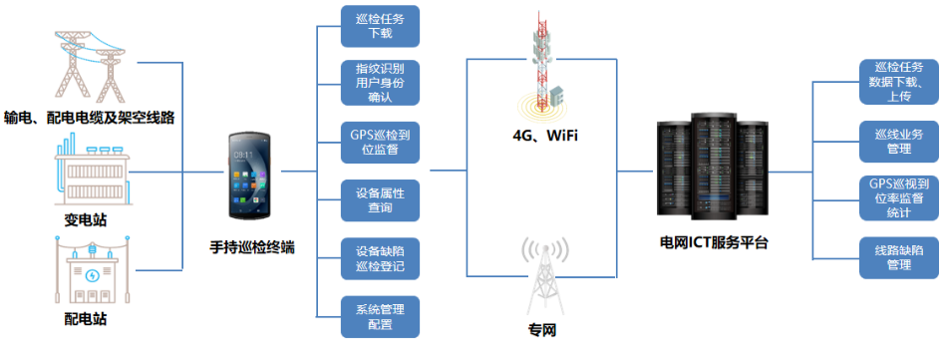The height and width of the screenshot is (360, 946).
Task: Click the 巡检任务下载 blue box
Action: [380, 25]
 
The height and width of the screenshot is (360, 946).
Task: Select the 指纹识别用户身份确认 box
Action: [380, 83]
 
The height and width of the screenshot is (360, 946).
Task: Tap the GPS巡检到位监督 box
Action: [380, 142]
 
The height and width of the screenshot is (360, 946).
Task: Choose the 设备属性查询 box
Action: [380, 199]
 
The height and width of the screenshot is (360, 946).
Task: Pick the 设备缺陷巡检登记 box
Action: [380, 258]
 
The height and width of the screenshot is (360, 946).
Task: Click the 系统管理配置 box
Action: [380, 316]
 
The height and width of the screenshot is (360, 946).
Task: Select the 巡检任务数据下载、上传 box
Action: [898, 82]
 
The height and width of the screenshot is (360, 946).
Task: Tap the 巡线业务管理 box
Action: [898, 141]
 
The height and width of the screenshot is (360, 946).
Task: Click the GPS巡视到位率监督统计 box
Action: [898, 198]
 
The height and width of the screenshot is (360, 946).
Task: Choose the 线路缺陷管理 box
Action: [898, 257]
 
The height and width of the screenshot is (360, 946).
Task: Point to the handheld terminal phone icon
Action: [251, 180]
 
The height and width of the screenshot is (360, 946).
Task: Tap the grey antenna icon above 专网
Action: [542, 273]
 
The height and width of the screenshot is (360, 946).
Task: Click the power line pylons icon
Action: [88, 65]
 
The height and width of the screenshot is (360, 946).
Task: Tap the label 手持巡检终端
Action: [252, 246]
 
